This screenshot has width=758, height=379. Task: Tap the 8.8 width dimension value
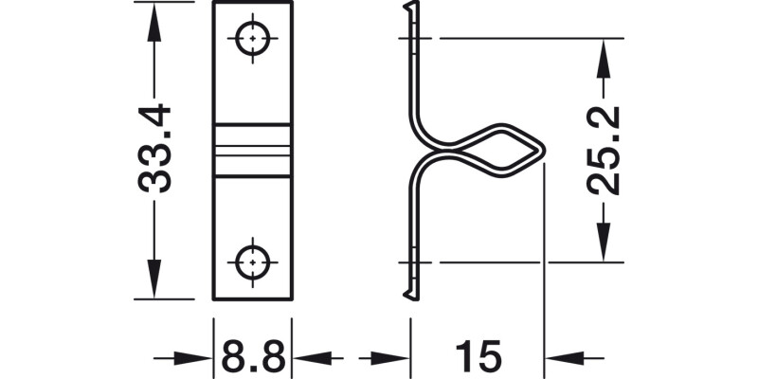tap(253, 358)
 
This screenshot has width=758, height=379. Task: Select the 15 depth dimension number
tap(478, 358)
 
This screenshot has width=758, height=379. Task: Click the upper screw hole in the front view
tap(253, 40)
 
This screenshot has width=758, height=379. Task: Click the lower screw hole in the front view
tap(253, 261)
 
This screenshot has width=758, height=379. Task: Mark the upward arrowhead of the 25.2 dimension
tap(602, 56)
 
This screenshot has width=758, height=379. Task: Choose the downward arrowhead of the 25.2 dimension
tap(602, 244)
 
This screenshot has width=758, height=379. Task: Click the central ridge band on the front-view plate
tap(253, 149)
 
